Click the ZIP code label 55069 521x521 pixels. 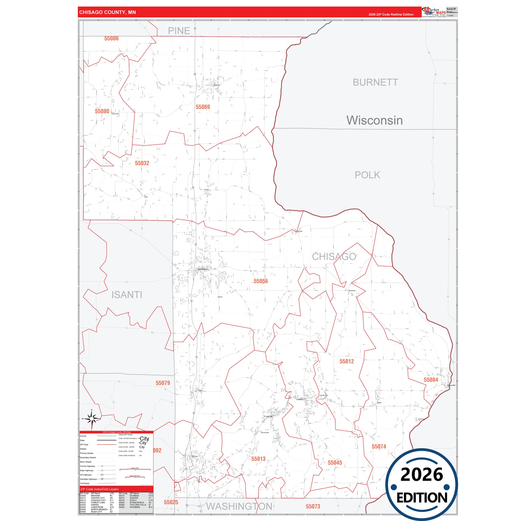click(x=203, y=107)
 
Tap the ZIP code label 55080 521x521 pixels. click(x=102, y=111)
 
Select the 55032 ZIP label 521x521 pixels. click(x=142, y=163)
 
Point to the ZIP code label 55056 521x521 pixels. click(x=261, y=281)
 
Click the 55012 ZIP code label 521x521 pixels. click(x=346, y=361)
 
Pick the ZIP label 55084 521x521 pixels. click(x=431, y=380)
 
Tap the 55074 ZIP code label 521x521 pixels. click(x=379, y=447)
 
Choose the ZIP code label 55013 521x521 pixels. click(x=258, y=459)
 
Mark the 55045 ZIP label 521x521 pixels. click(x=335, y=462)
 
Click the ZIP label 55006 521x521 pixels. click(x=111, y=39)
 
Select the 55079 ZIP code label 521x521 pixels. click(x=163, y=383)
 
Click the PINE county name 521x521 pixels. click(x=179, y=31)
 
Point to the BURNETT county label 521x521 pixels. click(x=375, y=82)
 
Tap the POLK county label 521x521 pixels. click(x=367, y=175)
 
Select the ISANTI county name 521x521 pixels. click(x=127, y=295)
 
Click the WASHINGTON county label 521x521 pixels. click(x=239, y=507)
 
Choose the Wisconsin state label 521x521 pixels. click(x=375, y=120)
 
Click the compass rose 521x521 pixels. click(x=92, y=419)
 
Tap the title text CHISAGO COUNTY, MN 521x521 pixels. click(x=108, y=12)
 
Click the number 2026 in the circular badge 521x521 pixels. click(x=422, y=474)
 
